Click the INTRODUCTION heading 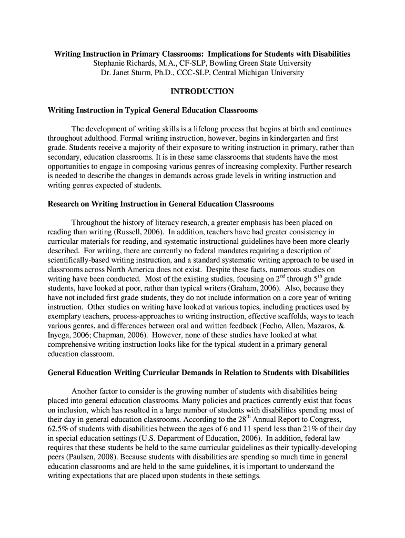click(202, 91)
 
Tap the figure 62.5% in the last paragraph click(58, 429)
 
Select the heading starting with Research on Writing click(160, 204)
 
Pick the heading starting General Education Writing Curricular click(198, 373)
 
